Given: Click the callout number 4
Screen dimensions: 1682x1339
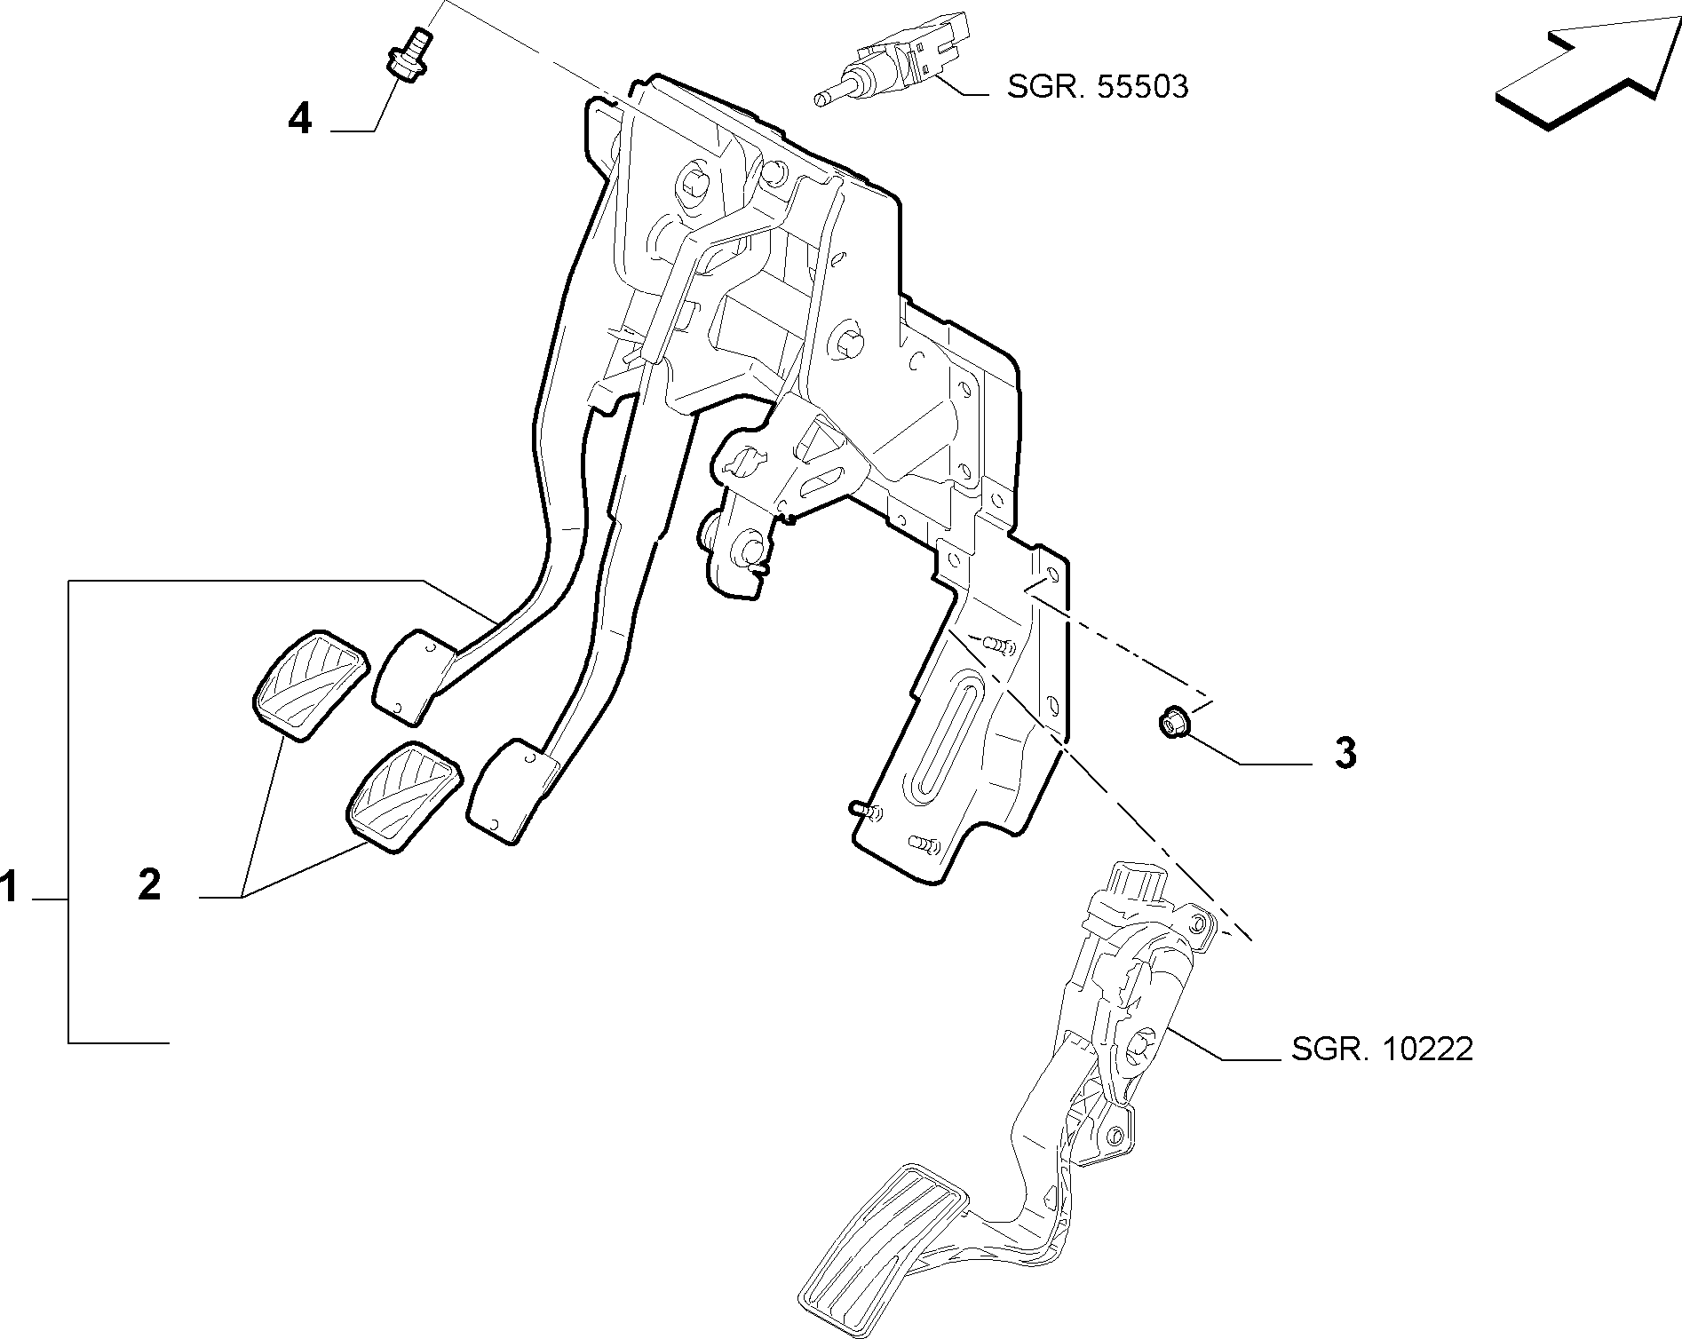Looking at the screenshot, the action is coord(300,118).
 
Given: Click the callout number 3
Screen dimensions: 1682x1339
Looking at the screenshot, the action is coord(1345,753).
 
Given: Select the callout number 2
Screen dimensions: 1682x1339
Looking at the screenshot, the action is coord(149,885).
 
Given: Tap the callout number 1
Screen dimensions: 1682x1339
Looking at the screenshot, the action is coord(10,887).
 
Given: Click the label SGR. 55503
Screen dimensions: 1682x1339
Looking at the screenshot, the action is coord(1098,87).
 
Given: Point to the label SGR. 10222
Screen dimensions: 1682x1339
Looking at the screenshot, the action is coord(1382,1050).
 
